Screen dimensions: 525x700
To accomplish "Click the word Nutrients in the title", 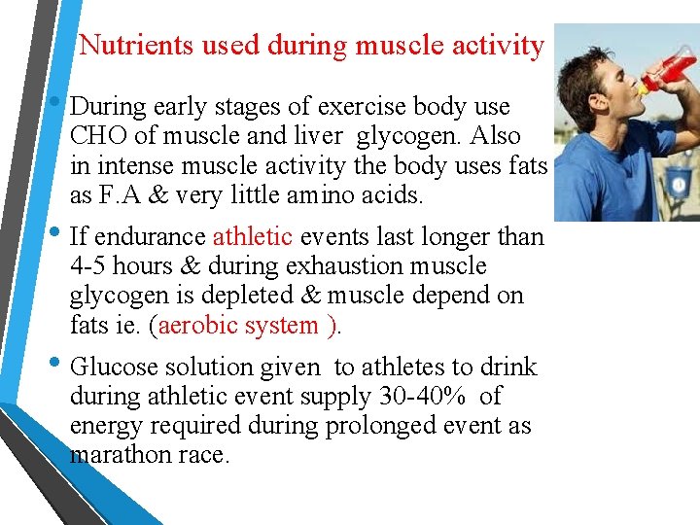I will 124,45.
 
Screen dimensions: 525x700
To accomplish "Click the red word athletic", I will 252,236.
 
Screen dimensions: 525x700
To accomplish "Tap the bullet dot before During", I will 59,104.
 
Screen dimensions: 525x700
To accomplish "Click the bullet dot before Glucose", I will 59,365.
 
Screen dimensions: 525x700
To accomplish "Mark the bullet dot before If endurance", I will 59,234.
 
